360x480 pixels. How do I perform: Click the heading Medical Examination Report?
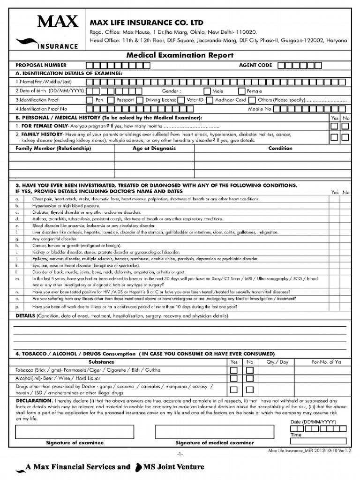(180, 55)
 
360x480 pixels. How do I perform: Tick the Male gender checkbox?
(207, 91)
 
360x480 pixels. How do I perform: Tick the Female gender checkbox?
(242, 91)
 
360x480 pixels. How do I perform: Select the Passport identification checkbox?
(110, 100)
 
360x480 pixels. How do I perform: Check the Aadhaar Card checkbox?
(210, 100)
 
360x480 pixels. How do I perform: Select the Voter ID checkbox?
(181, 100)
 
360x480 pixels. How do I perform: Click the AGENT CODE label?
(255, 65)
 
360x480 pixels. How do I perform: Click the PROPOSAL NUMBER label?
(41, 65)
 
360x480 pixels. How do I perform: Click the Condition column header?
(280, 148)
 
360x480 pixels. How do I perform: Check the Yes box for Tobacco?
(233, 370)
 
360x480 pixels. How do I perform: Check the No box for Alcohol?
(250, 379)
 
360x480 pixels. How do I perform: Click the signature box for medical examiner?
(214, 431)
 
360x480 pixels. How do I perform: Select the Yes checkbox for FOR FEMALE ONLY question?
(334, 126)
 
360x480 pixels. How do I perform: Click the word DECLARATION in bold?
(34, 401)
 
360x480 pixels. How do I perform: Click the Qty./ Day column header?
(277, 362)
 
